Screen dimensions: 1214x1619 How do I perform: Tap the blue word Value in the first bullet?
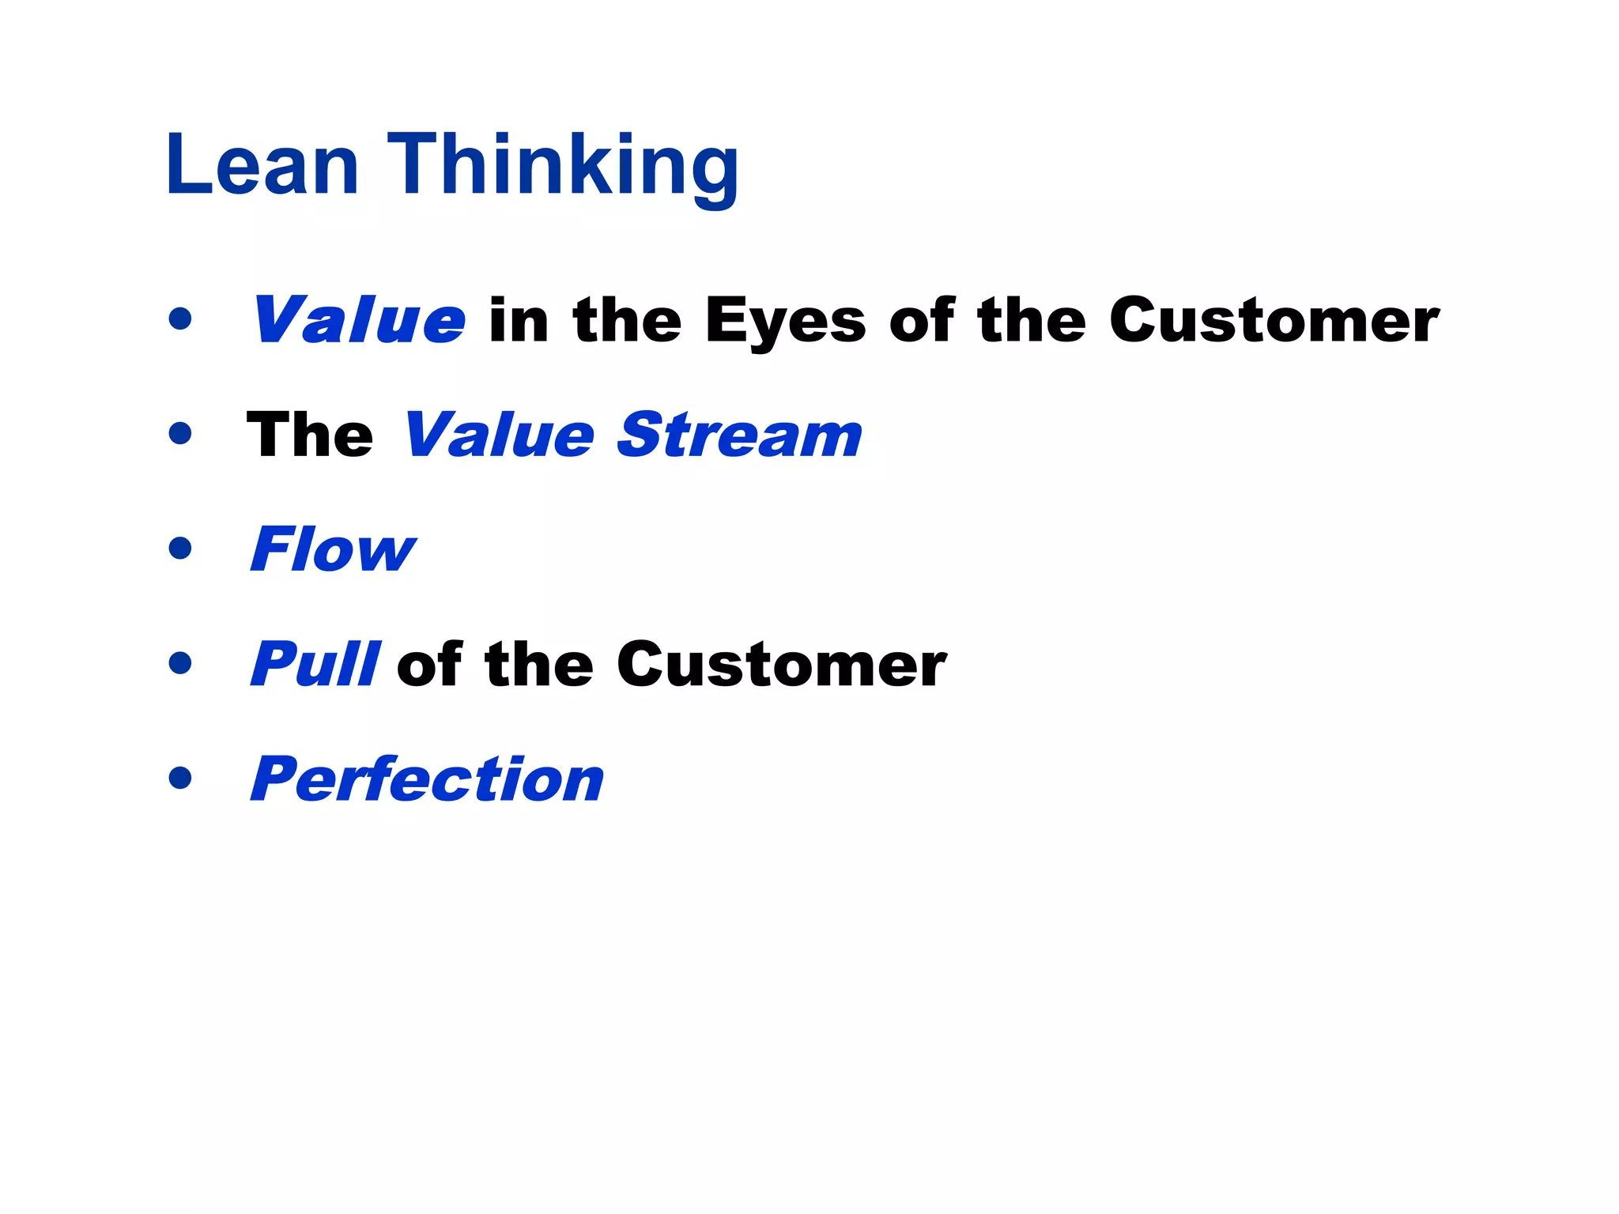pyautogui.click(x=358, y=320)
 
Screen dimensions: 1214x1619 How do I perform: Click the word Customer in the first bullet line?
pyautogui.click(x=1274, y=320)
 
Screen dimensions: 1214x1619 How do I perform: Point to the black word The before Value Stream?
pyautogui.click(x=309, y=435)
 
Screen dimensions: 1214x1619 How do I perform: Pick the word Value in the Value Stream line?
pyautogui.click(x=498, y=435)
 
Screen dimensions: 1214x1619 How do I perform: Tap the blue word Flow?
pyautogui.click(x=332, y=549)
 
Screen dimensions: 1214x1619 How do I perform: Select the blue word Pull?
pyautogui.click(x=315, y=665)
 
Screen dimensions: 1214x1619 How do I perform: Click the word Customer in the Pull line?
pyautogui.click(x=781, y=665)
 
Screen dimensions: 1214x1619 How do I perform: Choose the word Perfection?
pyautogui.click(x=427, y=779)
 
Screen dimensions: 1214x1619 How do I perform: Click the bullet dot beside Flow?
pyautogui.click(x=180, y=548)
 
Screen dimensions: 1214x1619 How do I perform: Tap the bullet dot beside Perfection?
pyautogui.click(x=180, y=778)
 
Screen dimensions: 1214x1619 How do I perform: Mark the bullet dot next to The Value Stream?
pyautogui.click(x=180, y=433)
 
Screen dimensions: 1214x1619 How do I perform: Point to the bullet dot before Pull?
pyautogui.click(x=180, y=662)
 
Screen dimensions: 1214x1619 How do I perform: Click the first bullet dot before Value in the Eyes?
pyautogui.click(x=180, y=319)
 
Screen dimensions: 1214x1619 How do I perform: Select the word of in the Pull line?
pyautogui.click(x=429, y=665)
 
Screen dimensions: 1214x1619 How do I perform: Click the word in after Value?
pyautogui.click(x=519, y=320)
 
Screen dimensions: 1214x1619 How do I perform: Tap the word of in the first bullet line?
pyautogui.click(x=922, y=320)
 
